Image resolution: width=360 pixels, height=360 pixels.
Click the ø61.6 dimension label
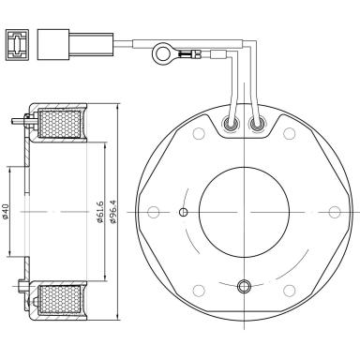click(99, 212)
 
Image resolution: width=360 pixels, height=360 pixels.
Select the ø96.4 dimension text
click(113, 212)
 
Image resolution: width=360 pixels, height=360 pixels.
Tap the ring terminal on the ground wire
click(162, 52)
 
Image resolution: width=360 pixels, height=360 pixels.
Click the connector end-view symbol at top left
click(17, 45)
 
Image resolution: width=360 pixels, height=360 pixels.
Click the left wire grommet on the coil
click(232, 124)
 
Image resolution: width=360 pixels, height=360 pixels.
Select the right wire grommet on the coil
click(258, 124)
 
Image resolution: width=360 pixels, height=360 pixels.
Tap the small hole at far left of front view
click(153, 212)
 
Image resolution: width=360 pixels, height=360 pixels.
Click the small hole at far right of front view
click(335, 212)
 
